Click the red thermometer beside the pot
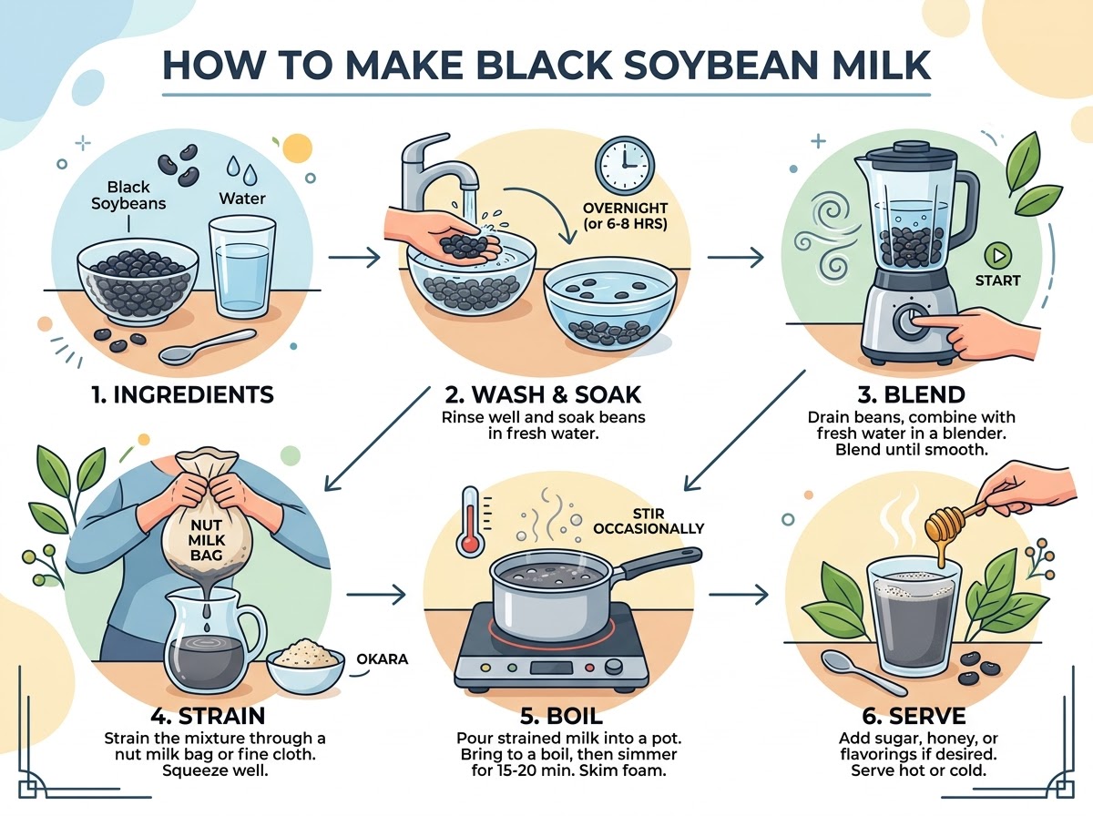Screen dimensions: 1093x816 471,521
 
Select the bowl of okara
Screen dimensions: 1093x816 305,666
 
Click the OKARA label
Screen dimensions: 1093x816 382,659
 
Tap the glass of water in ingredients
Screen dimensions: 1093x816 242,268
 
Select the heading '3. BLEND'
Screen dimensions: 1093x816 911,394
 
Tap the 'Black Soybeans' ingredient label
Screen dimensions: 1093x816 128,195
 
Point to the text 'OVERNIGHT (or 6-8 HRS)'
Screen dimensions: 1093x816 626,216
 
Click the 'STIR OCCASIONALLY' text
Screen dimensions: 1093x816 649,521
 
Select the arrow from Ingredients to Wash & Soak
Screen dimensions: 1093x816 354,258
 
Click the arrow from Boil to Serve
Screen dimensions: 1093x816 739,595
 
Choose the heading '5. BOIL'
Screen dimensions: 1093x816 561,716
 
